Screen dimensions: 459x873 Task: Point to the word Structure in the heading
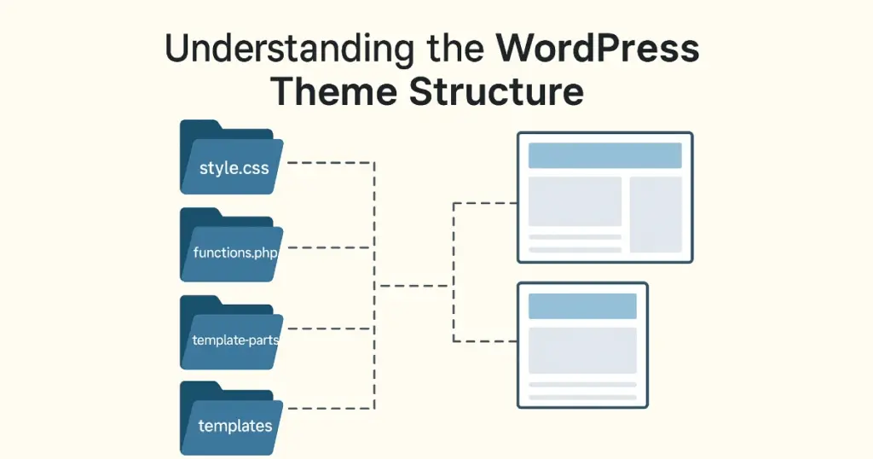point(495,91)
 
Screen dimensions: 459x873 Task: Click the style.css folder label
point(234,167)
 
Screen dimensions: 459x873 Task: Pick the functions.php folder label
point(236,253)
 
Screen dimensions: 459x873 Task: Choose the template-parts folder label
point(236,340)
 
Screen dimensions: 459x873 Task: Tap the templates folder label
point(234,425)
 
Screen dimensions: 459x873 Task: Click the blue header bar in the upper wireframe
point(604,155)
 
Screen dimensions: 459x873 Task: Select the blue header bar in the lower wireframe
point(582,306)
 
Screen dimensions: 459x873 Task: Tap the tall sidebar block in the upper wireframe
point(656,214)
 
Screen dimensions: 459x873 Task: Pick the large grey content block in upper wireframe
point(575,201)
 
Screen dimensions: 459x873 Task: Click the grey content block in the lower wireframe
point(582,350)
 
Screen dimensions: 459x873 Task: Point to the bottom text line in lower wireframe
point(582,397)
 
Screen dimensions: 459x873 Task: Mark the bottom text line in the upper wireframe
point(575,249)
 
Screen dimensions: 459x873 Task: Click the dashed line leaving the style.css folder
point(328,162)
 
